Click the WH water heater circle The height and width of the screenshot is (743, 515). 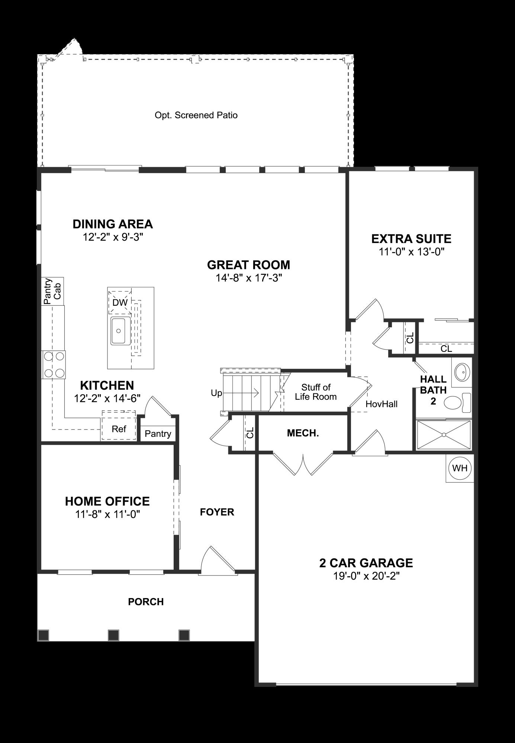point(460,468)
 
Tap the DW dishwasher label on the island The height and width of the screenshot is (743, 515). point(120,302)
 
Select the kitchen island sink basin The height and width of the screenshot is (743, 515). point(119,330)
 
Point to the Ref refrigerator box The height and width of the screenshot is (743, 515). point(119,429)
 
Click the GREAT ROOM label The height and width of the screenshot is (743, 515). point(248,265)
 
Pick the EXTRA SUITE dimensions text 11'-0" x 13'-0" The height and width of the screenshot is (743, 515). point(412,252)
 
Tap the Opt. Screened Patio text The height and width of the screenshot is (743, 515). point(196,115)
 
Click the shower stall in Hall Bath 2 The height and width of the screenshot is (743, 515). point(444,435)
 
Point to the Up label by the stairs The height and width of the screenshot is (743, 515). point(216,393)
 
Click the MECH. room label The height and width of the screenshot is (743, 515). point(303,433)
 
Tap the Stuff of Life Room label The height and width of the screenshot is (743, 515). point(316,392)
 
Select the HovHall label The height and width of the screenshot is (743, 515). point(382,404)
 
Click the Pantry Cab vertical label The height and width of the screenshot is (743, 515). point(52,291)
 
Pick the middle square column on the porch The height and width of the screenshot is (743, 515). point(113,635)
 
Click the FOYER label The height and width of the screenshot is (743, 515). point(217,512)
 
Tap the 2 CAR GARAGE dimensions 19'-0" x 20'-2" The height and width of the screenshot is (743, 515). point(366,576)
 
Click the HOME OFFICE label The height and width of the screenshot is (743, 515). point(107,501)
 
